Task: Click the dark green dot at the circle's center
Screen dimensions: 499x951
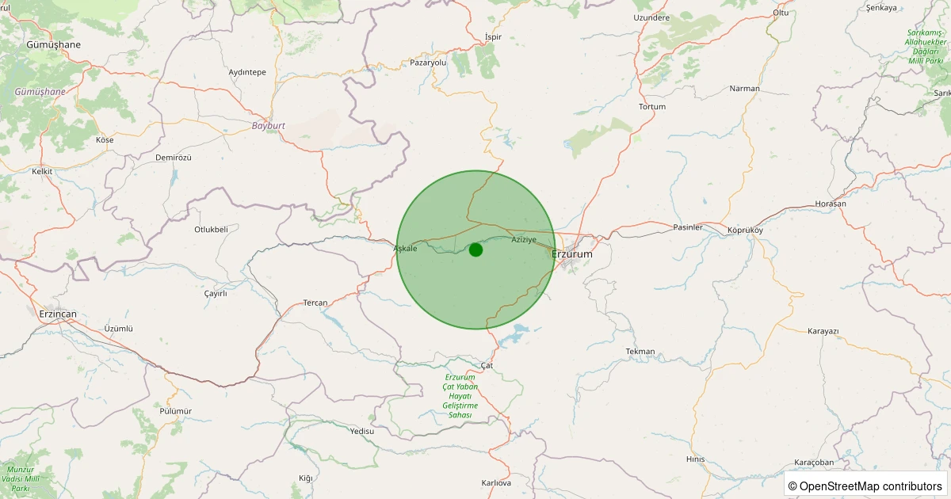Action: pyautogui.click(x=475, y=249)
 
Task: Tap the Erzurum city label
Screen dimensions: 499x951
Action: pyautogui.click(x=571, y=254)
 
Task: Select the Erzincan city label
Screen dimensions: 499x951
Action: pyautogui.click(x=58, y=314)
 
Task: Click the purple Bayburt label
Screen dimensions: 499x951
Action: pyautogui.click(x=268, y=126)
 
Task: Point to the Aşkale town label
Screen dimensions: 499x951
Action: pyautogui.click(x=405, y=249)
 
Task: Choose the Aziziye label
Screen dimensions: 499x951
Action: pyautogui.click(x=524, y=239)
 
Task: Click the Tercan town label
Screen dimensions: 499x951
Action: pyautogui.click(x=315, y=303)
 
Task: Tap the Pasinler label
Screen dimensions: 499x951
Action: pyautogui.click(x=687, y=227)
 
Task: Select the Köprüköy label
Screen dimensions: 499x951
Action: pyautogui.click(x=745, y=230)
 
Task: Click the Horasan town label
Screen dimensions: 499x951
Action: pyautogui.click(x=831, y=204)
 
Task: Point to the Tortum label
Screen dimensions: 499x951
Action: pyautogui.click(x=652, y=106)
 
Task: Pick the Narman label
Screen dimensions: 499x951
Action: pyautogui.click(x=744, y=89)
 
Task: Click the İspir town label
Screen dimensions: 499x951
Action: pyautogui.click(x=494, y=37)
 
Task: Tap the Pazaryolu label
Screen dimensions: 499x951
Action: pyautogui.click(x=429, y=62)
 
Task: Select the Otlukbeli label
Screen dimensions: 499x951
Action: pyautogui.click(x=211, y=230)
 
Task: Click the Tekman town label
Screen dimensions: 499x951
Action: pyautogui.click(x=640, y=351)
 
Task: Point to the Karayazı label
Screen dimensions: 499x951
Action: pyautogui.click(x=823, y=331)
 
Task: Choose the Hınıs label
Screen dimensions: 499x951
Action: pyautogui.click(x=695, y=459)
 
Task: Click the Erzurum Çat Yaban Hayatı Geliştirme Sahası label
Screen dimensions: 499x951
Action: pyautogui.click(x=460, y=396)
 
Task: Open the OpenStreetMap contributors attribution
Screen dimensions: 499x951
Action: pyautogui.click(x=865, y=486)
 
